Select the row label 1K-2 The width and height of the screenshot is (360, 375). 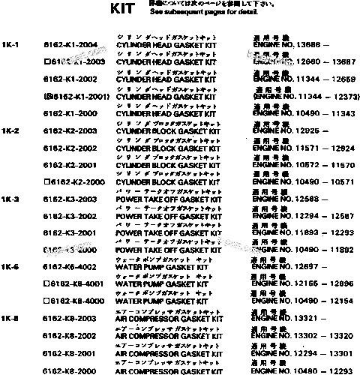pos(10,132)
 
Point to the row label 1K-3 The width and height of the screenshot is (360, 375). pos(10,199)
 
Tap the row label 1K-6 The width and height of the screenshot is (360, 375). pos(10,268)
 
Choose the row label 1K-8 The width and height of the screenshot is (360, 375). pos(10,319)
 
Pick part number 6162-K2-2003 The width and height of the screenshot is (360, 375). pos(70,131)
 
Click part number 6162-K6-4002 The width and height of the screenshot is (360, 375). pos(70,268)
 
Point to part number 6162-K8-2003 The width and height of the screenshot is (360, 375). pos(70,319)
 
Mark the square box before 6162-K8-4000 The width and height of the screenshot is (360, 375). pos(47,301)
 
